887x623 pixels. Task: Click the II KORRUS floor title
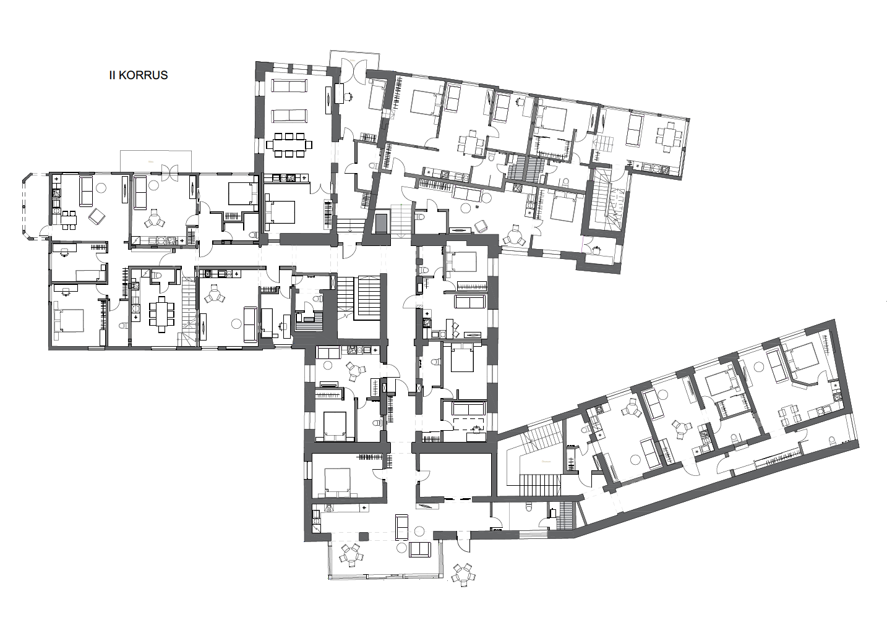click(x=139, y=75)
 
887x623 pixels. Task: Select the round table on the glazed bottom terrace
click(x=351, y=554)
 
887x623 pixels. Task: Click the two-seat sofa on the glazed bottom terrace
click(x=420, y=550)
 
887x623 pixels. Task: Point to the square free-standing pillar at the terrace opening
click(x=364, y=536)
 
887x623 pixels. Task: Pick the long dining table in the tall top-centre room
click(x=289, y=145)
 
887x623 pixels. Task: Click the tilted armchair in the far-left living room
click(x=96, y=217)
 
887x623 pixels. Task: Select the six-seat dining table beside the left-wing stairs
click(x=161, y=315)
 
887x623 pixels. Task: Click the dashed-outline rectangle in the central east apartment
click(x=469, y=423)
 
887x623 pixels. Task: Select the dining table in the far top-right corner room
click(x=669, y=137)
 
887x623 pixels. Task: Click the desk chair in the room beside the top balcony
click(x=348, y=96)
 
